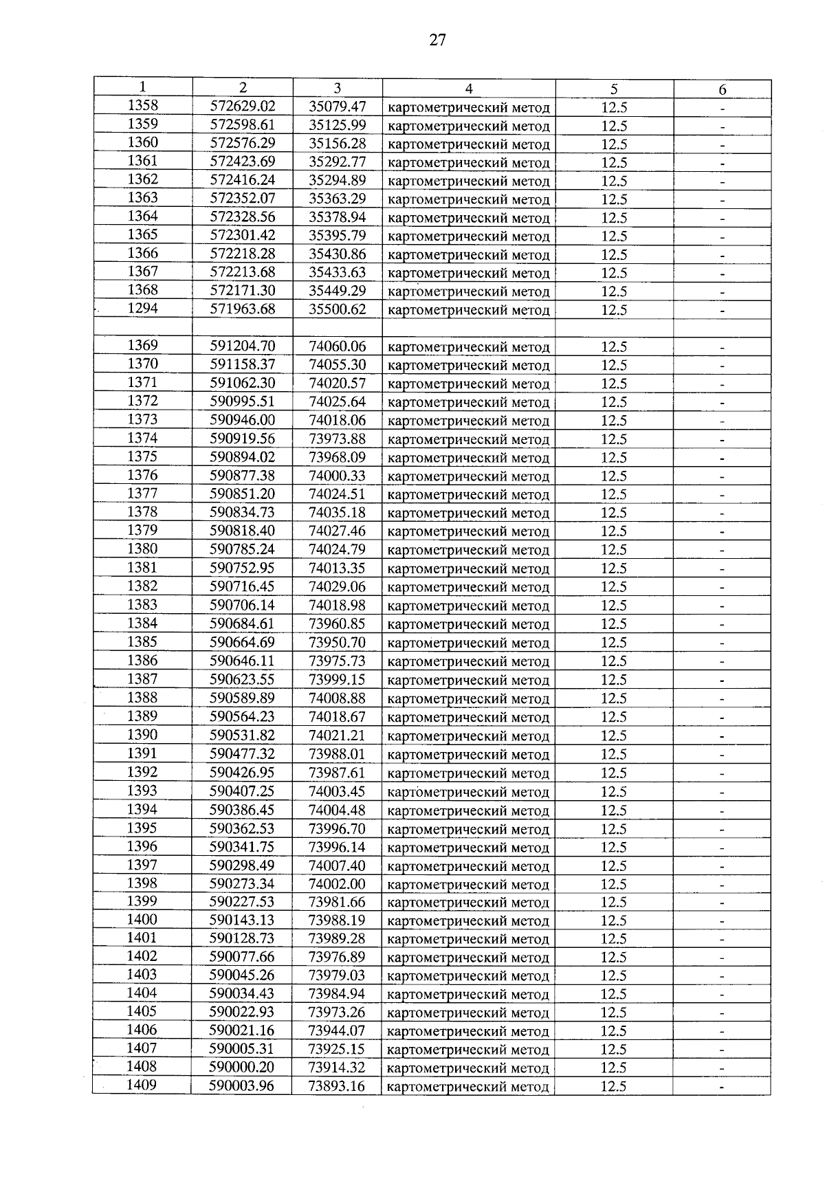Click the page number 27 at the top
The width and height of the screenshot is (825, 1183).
[x=437, y=41]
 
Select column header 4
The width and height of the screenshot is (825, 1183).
[x=469, y=88]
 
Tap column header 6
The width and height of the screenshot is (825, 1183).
[x=722, y=89]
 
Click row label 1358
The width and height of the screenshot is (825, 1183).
[x=143, y=106]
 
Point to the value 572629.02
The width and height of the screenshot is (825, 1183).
[x=243, y=107]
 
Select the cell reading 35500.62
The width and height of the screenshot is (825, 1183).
[x=338, y=309]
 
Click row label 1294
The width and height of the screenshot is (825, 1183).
[x=143, y=309]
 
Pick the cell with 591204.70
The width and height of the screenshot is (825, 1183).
[x=243, y=346]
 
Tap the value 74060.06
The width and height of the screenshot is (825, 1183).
[x=338, y=346]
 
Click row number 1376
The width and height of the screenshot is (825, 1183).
[x=142, y=475]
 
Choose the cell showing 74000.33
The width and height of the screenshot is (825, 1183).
[x=338, y=476]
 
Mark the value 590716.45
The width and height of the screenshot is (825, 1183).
[x=243, y=586]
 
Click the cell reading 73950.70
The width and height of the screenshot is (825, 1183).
[x=338, y=642]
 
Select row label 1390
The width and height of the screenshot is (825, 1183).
[x=142, y=735]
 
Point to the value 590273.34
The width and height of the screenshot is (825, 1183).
[x=242, y=884]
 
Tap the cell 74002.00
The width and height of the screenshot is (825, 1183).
[x=338, y=884]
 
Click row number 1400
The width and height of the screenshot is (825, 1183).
[x=142, y=920]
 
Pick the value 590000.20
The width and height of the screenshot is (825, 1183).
[x=242, y=1068]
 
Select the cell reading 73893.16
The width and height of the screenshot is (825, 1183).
[x=337, y=1086]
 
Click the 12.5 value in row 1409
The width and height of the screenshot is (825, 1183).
[x=613, y=1086]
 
